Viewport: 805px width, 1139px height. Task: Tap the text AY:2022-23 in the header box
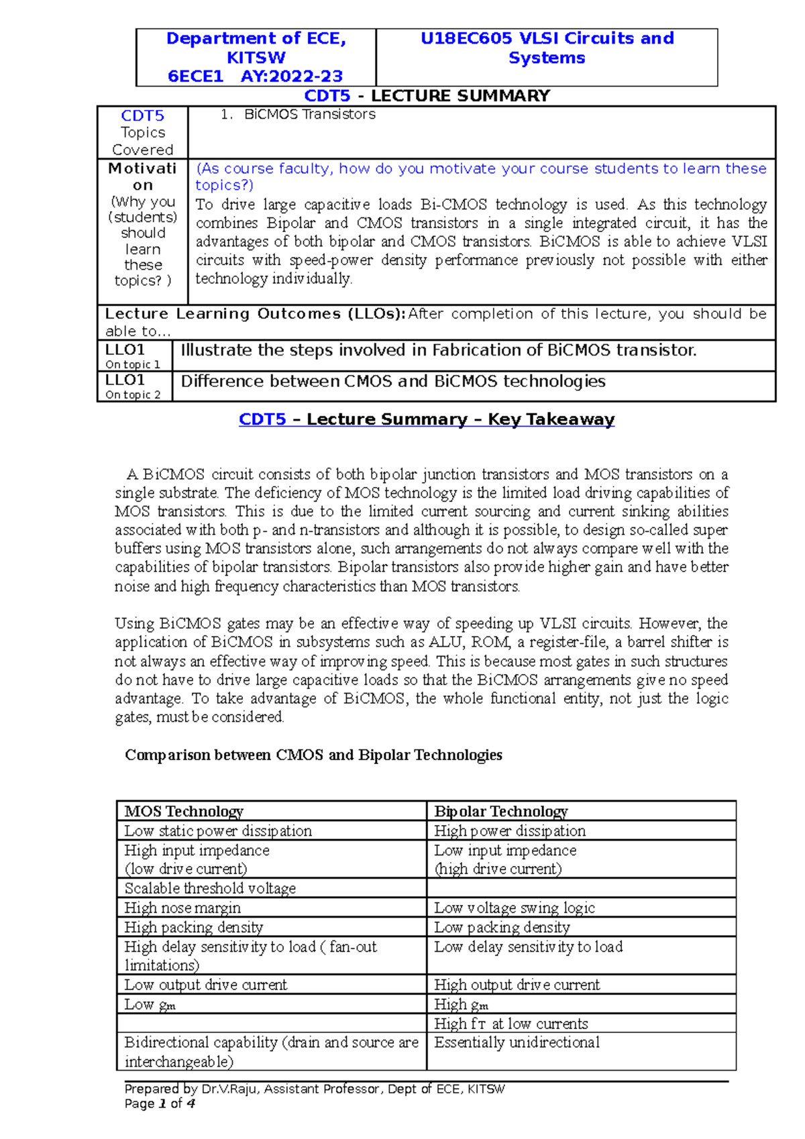click(292, 76)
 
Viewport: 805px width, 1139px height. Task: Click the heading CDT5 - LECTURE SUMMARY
click(427, 95)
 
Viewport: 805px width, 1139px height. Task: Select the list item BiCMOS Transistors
click(309, 115)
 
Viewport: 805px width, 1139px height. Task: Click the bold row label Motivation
click(142, 176)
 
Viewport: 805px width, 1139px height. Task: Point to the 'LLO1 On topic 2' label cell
click(133, 386)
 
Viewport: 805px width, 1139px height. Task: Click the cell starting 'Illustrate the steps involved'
click(439, 350)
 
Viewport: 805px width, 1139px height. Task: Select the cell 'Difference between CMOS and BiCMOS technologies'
click(393, 382)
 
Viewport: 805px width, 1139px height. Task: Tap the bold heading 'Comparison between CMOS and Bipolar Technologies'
click(313, 755)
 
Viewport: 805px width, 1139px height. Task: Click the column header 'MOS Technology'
click(184, 811)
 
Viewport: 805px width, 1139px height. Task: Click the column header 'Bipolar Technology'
click(500, 811)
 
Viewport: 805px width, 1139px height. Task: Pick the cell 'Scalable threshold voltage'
click(210, 888)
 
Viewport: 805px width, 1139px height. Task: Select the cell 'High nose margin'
click(182, 908)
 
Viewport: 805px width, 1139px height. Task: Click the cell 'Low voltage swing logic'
click(515, 908)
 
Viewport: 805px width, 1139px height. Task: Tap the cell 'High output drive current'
click(517, 985)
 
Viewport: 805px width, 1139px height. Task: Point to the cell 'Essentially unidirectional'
click(517, 1042)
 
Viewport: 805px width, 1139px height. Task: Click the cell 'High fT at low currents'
click(511, 1024)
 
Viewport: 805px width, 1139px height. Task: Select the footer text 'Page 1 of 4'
click(160, 1103)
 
